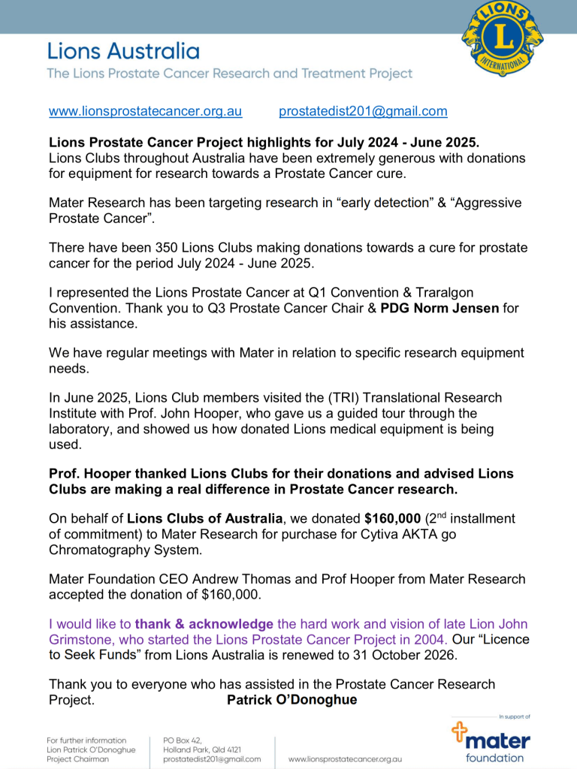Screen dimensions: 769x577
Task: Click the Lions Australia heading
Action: pos(123,51)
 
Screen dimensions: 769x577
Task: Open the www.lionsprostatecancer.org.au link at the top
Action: pos(145,111)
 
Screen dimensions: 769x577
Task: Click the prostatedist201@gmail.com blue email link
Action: pos(363,111)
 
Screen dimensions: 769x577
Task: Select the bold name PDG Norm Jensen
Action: pos(440,308)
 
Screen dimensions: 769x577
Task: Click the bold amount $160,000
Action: pos(392,518)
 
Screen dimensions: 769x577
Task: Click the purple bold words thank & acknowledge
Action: pos(204,624)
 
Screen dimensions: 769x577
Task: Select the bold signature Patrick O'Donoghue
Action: pos(292,700)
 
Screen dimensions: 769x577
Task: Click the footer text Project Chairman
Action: pos(77,759)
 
